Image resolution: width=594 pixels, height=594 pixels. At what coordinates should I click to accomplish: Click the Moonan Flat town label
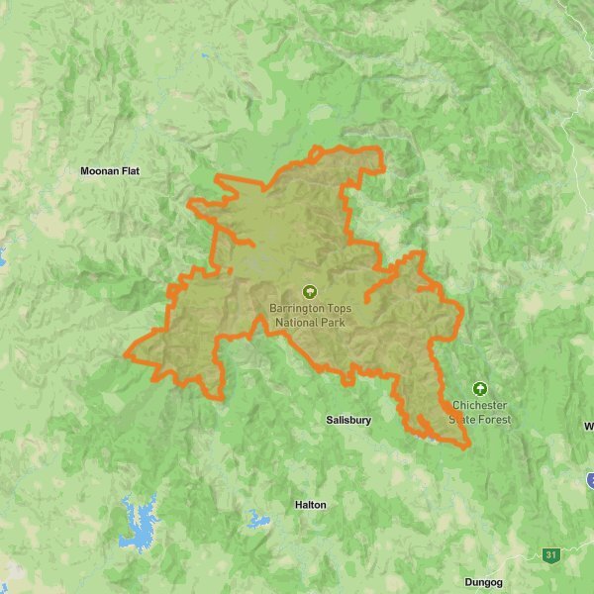(110, 171)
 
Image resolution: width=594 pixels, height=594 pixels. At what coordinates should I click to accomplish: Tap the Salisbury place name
(348, 420)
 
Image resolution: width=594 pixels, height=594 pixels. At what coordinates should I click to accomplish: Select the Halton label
(310, 505)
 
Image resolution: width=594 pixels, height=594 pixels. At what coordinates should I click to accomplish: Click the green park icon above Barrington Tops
(310, 292)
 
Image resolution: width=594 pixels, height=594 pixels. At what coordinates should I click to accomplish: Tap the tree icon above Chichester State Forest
(480, 388)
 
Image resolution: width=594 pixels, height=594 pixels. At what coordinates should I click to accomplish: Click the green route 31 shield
(549, 555)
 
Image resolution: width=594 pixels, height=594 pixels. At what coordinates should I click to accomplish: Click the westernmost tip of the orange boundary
(126, 353)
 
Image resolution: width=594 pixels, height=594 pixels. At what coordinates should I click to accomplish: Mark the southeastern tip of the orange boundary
(467, 445)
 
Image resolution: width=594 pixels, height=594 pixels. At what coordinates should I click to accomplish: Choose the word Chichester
(480, 406)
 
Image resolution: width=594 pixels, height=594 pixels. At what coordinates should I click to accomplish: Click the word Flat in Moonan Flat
(130, 171)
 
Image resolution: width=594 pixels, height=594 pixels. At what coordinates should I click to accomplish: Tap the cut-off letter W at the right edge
(589, 427)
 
